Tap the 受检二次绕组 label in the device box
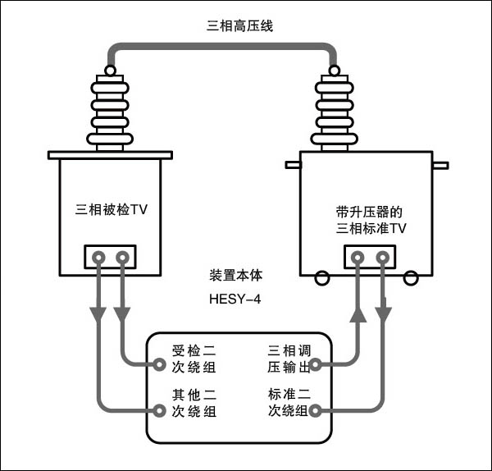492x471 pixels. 194,359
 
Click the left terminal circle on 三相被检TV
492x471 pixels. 98,258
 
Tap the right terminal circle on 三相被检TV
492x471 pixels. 122,258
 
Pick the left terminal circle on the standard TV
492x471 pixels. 358,258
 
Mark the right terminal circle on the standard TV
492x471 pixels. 383,258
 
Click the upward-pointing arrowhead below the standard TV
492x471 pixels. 358,315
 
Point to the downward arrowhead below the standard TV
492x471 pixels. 383,315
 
